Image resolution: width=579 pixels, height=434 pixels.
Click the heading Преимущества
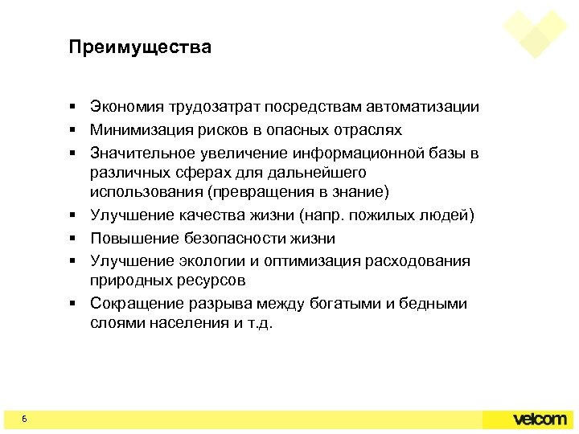[x=140, y=48]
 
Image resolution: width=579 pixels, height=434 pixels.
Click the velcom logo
[x=540, y=420]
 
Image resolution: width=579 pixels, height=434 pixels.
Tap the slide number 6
[x=25, y=420]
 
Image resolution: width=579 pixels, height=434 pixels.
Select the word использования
[x=146, y=192]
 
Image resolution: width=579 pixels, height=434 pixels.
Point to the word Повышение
[x=130, y=239]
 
